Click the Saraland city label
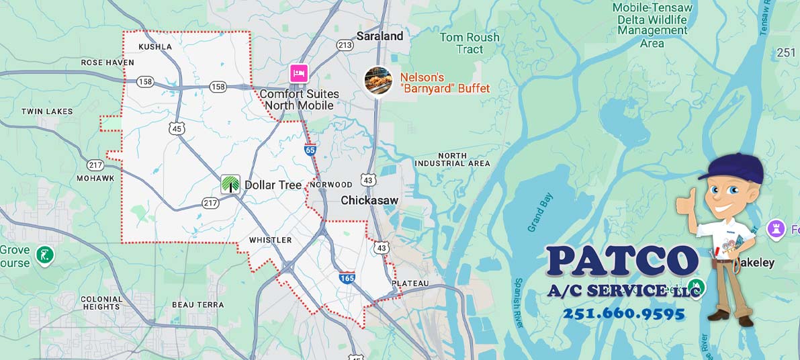(x=380, y=36)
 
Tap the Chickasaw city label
(x=369, y=200)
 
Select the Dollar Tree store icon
(x=230, y=184)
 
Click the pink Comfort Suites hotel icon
(x=299, y=73)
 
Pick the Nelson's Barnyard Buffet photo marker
(x=378, y=81)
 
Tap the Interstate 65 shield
(x=310, y=150)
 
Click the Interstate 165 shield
(x=347, y=277)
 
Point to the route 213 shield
(x=345, y=45)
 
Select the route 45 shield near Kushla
(x=177, y=128)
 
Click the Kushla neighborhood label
(x=155, y=47)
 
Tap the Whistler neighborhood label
(x=270, y=240)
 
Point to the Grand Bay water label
(x=540, y=212)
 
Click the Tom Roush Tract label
(x=470, y=43)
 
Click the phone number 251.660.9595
(x=623, y=314)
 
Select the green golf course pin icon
(x=45, y=255)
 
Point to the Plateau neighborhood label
(x=410, y=283)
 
